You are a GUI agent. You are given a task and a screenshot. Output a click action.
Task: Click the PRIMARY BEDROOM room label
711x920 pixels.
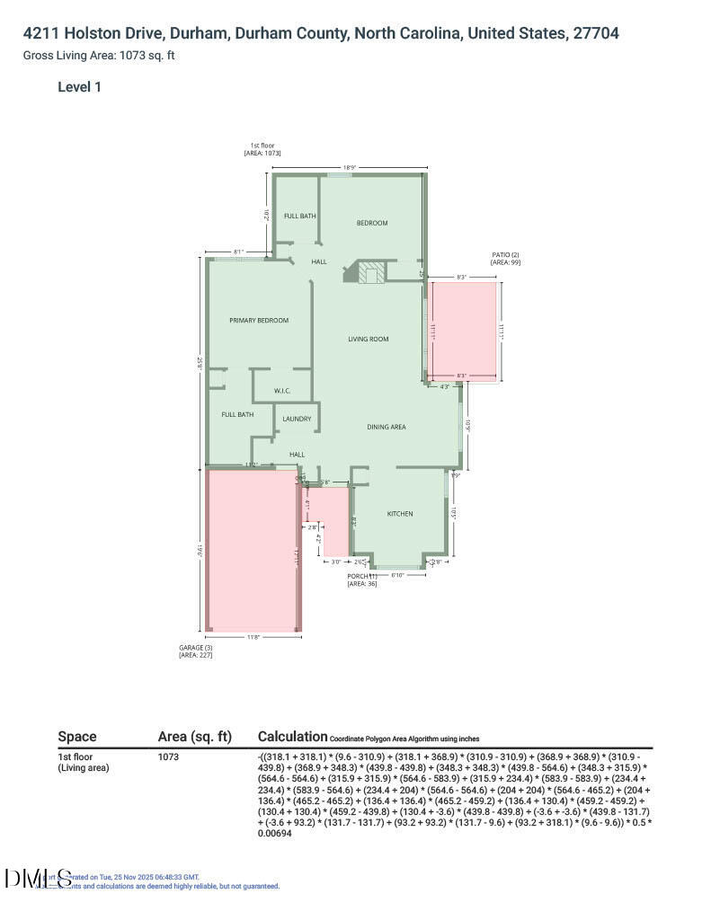[x=259, y=321]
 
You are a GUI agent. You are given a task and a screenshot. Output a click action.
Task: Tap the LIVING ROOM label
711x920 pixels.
[x=369, y=339]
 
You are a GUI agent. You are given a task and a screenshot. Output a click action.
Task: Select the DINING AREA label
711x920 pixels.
[x=386, y=427]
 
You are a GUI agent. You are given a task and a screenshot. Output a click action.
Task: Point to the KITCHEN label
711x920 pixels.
[x=400, y=514]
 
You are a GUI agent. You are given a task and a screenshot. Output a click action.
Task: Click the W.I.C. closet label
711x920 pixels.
[x=282, y=391]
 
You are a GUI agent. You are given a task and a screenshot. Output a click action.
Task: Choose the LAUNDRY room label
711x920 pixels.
[x=297, y=419]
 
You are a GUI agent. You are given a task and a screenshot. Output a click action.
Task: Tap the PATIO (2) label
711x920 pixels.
[x=505, y=255]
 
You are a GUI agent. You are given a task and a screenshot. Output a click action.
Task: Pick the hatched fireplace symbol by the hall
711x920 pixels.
[x=371, y=272]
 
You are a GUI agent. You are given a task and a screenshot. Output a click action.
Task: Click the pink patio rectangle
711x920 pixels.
[x=464, y=328]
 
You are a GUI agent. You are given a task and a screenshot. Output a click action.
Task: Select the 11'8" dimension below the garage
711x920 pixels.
[x=253, y=637]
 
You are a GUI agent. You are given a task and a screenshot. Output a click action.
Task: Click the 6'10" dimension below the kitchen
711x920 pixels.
[x=396, y=575]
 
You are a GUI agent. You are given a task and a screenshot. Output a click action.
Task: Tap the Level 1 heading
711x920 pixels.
[x=79, y=87]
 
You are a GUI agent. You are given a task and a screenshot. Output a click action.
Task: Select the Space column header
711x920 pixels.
[x=77, y=737]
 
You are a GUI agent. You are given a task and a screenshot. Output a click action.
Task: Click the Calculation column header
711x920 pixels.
[x=292, y=737]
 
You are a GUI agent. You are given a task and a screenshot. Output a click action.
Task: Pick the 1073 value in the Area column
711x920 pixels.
[x=168, y=757]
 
